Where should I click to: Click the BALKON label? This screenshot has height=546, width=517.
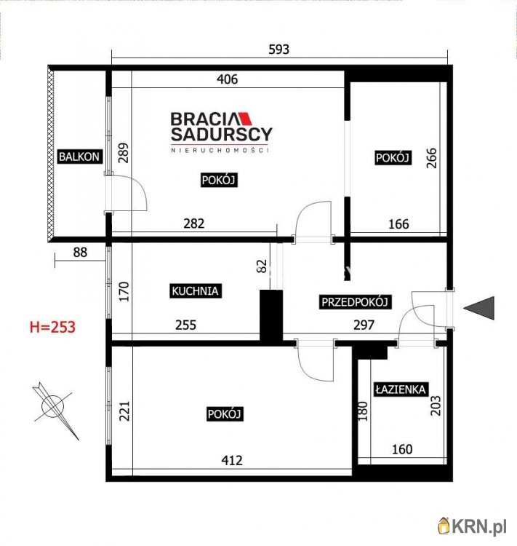(x=79, y=157)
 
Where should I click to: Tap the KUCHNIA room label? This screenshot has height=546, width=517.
(x=195, y=290)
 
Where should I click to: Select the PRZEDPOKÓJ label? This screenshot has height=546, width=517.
(x=355, y=302)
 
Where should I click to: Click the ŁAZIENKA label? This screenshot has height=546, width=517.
(x=401, y=389)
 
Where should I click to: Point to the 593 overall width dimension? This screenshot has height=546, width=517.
(x=279, y=50)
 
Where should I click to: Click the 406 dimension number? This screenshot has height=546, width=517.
(x=227, y=79)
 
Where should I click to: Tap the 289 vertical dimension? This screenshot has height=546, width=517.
(x=124, y=153)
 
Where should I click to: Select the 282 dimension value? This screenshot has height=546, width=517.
(x=194, y=223)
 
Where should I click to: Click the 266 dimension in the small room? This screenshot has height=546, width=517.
(x=431, y=158)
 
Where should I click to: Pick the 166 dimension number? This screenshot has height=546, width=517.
(x=398, y=224)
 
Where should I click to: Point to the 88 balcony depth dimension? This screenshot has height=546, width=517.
(x=80, y=252)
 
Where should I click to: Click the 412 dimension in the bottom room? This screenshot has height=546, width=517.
(x=232, y=460)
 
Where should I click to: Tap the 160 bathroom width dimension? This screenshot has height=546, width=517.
(x=402, y=449)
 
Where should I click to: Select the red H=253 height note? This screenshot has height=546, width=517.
(x=52, y=327)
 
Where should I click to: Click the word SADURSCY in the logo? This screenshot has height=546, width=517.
(x=221, y=135)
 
